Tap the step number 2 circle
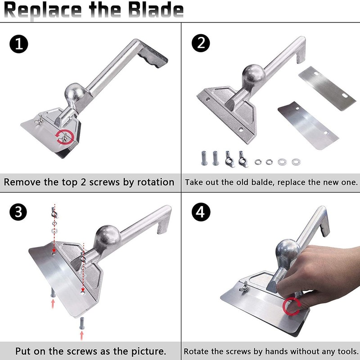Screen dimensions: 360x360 tap(201, 45)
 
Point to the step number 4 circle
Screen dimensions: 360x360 tap(201, 213)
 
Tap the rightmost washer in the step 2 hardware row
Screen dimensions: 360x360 tap(296, 161)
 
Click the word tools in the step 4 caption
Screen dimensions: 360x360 tap(345, 351)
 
